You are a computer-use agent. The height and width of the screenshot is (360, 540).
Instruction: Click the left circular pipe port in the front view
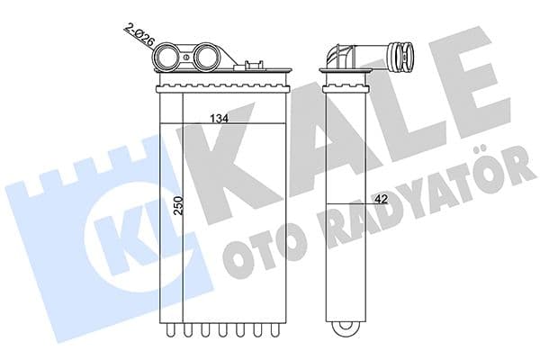167,58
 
